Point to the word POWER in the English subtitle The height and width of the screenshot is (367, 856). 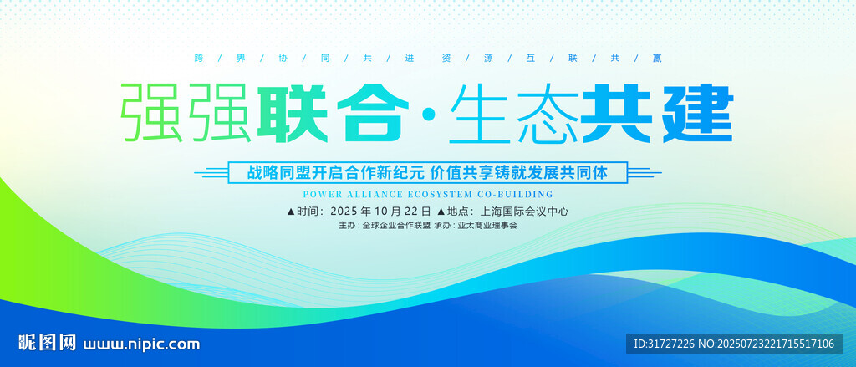point(320,194)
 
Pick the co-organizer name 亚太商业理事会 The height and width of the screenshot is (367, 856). point(487,225)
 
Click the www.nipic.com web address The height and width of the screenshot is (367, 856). point(141,344)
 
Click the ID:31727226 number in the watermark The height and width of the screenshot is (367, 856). point(664,344)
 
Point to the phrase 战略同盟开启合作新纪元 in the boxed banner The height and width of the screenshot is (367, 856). point(335,172)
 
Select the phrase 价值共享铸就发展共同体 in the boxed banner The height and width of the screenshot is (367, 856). point(518,172)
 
